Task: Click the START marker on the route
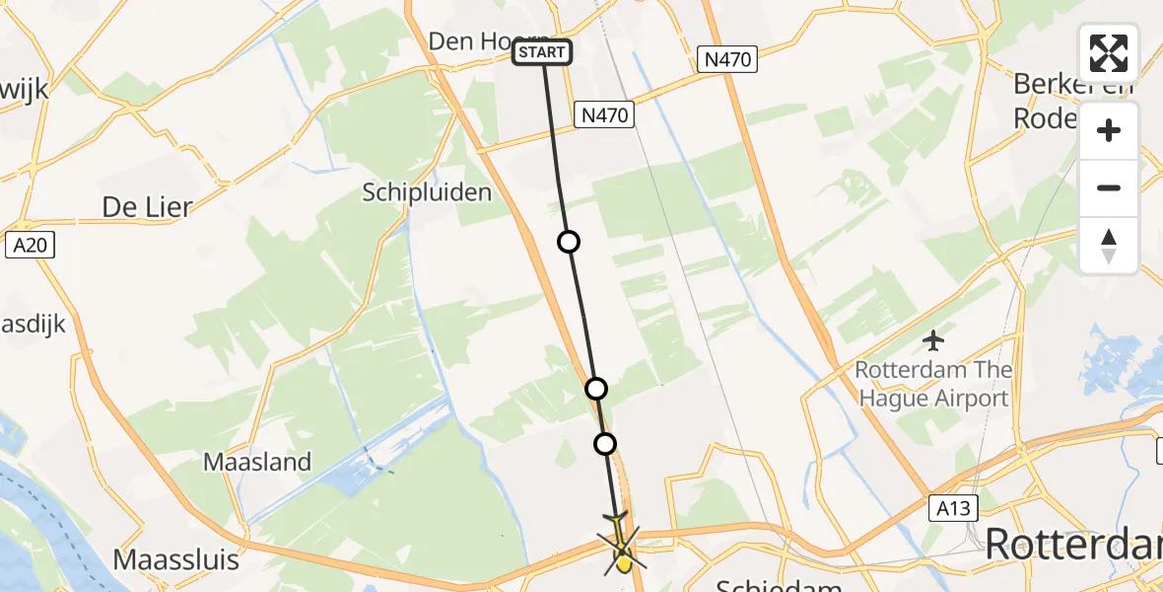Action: pyautogui.click(x=542, y=52)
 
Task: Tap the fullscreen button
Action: pyautogui.click(x=1109, y=53)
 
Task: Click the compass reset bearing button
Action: pyautogui.click(x=1109, y=246)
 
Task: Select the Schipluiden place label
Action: pyautogui.click(x=427, y=191)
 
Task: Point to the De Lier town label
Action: pyautogui.click(x=147, y=206)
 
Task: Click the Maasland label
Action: pyautogui.click(x=257, y=461)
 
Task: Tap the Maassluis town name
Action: pyautogui.click(x=176, y=559)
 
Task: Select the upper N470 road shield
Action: pyautogui.click(x=728, y=59)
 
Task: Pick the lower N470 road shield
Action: pyautogui.click(x=603, y=115)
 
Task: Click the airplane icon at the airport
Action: pyautogui.click(x=933, y=341)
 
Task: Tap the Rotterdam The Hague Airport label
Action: pyautogui.click(x=933, y=385)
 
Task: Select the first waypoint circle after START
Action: pyautogui.click(x=569, y=242)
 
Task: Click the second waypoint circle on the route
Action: pyautogui.click(x=595, y=388)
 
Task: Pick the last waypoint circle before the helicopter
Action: pyautogui.click(x=605, y=444)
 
